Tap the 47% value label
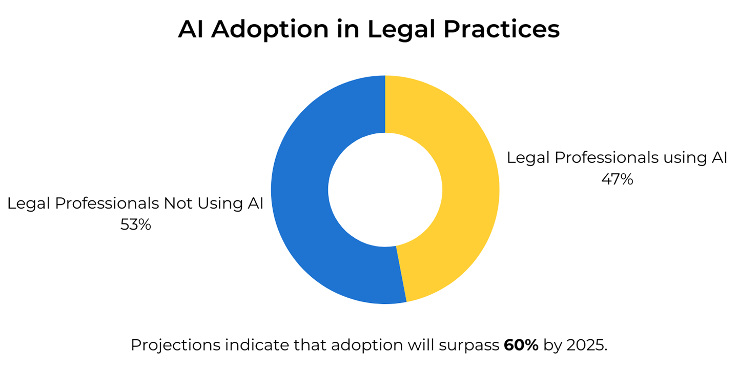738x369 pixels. tap(617, 179)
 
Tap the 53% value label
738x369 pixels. tap(135, 224)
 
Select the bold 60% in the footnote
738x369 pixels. tap(521, 345)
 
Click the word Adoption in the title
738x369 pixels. tap(270, 30)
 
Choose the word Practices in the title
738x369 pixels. tap(501, 29)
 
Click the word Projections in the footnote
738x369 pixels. tap(176, 345)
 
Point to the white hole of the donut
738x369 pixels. tap(385, 190)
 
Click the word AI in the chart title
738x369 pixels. tap(191, 29)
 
